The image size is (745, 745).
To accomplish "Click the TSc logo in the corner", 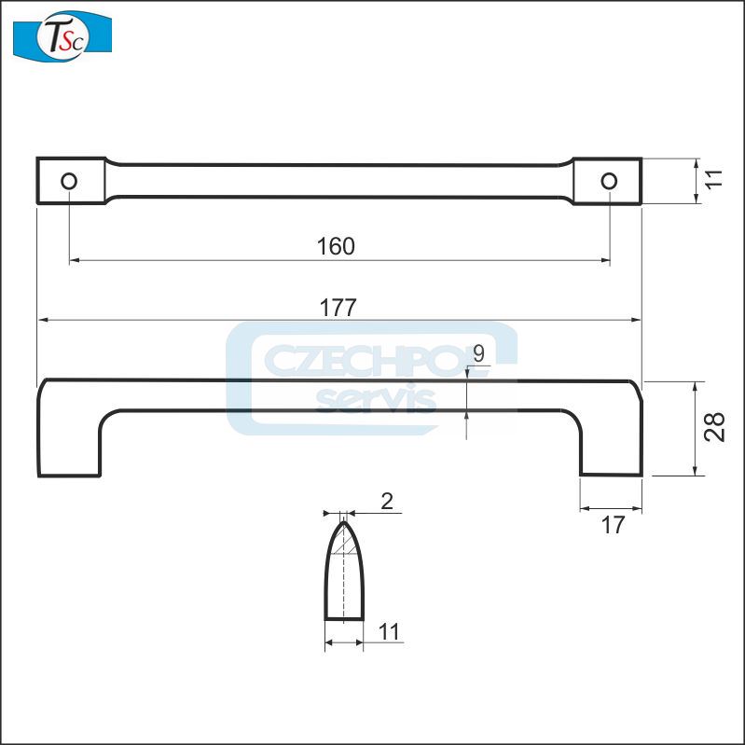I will [x=62, y=35].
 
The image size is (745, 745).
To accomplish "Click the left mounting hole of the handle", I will [x=69, y=181].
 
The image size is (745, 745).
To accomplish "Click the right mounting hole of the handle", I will [x=609, y=181].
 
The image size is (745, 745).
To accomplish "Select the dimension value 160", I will [x=337, y=246].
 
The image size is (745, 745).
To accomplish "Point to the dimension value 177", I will [x=338, y=307].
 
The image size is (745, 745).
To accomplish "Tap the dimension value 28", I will [x=715, y=428].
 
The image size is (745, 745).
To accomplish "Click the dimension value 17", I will [x=612, y=525].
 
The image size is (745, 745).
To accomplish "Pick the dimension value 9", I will [x=478, y=353].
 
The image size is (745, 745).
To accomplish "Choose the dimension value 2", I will [x=387, y=502].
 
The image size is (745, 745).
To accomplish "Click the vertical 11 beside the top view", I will [x=714, y=180].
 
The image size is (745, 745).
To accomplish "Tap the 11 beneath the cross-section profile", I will [x=389, y=631].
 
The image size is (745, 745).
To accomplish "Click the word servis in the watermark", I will [x=377, y=399].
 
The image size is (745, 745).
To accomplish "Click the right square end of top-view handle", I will [x=607, y=181].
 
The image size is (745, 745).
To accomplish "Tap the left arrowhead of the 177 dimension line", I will [x=41, y=320].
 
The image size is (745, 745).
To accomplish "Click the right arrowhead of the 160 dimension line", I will [x=606, y=261].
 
